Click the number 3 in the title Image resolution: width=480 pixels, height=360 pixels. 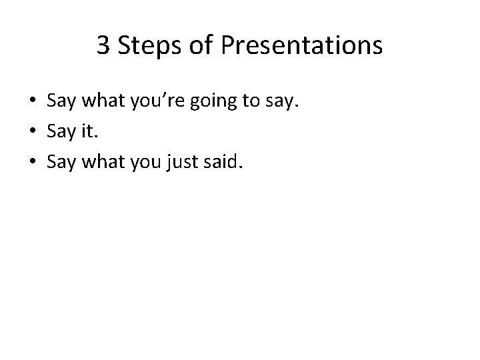tap(103, 46)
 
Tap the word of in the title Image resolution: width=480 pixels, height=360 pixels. tap(198, 46)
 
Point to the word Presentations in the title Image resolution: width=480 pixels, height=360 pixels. tap(301, 46)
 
